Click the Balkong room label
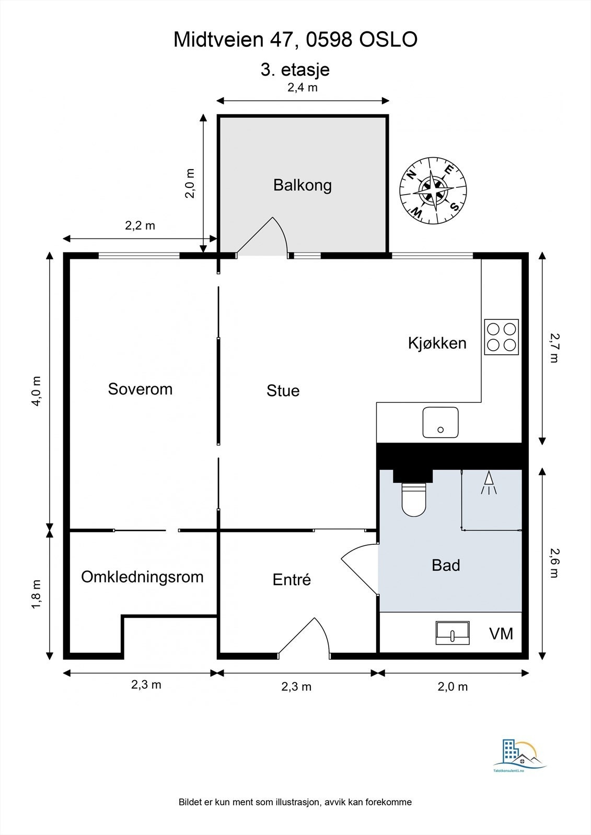(303, 186)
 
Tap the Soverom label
(140, 389)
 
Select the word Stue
(283, 391)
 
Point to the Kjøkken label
(437, 343)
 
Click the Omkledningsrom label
(142, 577)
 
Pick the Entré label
(292, 579)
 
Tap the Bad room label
(446, 565)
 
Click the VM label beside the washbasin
(501, 634)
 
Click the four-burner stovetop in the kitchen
(502, 337)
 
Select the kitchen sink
(441, 422)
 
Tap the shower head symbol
(489, 483)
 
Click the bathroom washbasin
(453, 633)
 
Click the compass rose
(433, 190)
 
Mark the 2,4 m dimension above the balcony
(303, 88)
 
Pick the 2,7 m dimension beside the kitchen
(554, 348)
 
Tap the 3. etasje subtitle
(295, 70)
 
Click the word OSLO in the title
(388, 40)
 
